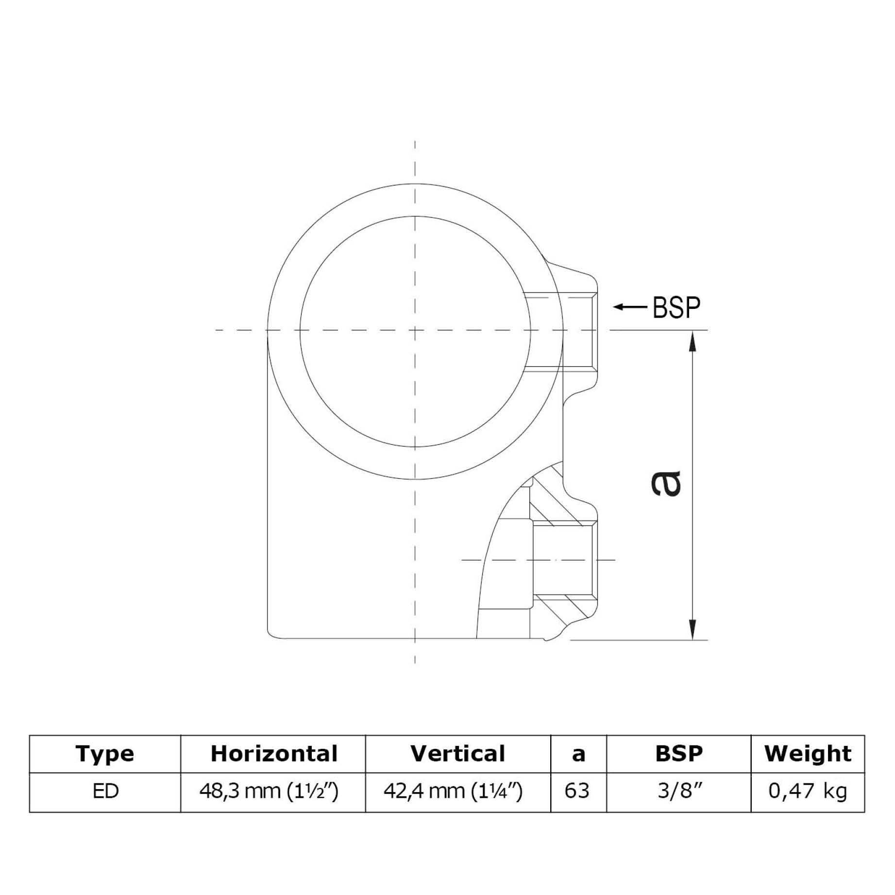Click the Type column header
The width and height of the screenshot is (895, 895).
(x=105, y=754)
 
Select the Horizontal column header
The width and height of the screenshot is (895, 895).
(x=273, y=754)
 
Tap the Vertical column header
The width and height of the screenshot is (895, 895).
(x=457, y=754)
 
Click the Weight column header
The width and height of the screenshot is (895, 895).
(x=807, y=754)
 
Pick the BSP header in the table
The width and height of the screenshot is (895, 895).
(x=678, y=754)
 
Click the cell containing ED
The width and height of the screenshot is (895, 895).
(x=105, y=792)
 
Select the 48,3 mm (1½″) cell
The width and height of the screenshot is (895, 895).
(x=269, y=792)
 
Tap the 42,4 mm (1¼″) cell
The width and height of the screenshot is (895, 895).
(x=453, y=792)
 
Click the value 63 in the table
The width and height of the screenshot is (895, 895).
(x=577, y=792)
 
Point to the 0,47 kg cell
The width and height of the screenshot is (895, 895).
(x=807, y=792)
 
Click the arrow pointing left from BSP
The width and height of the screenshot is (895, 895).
(x=629, y=307)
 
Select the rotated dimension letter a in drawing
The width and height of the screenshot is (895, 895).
(x=666, y=483)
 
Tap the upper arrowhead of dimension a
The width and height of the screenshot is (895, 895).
(x=693, y=340)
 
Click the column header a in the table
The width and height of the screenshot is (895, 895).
(x=578, y=754)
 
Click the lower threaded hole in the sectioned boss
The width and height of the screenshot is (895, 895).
(x=563, y=559)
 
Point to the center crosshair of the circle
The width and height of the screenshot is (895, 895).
(x=415, y=330)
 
